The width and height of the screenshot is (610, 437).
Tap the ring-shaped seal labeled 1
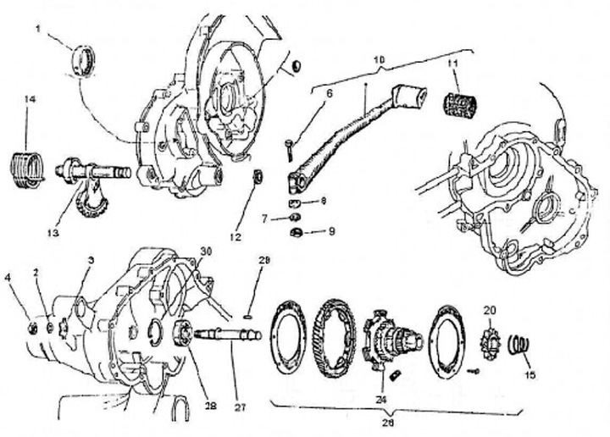point(85,60)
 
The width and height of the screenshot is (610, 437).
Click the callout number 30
point(204,251)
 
